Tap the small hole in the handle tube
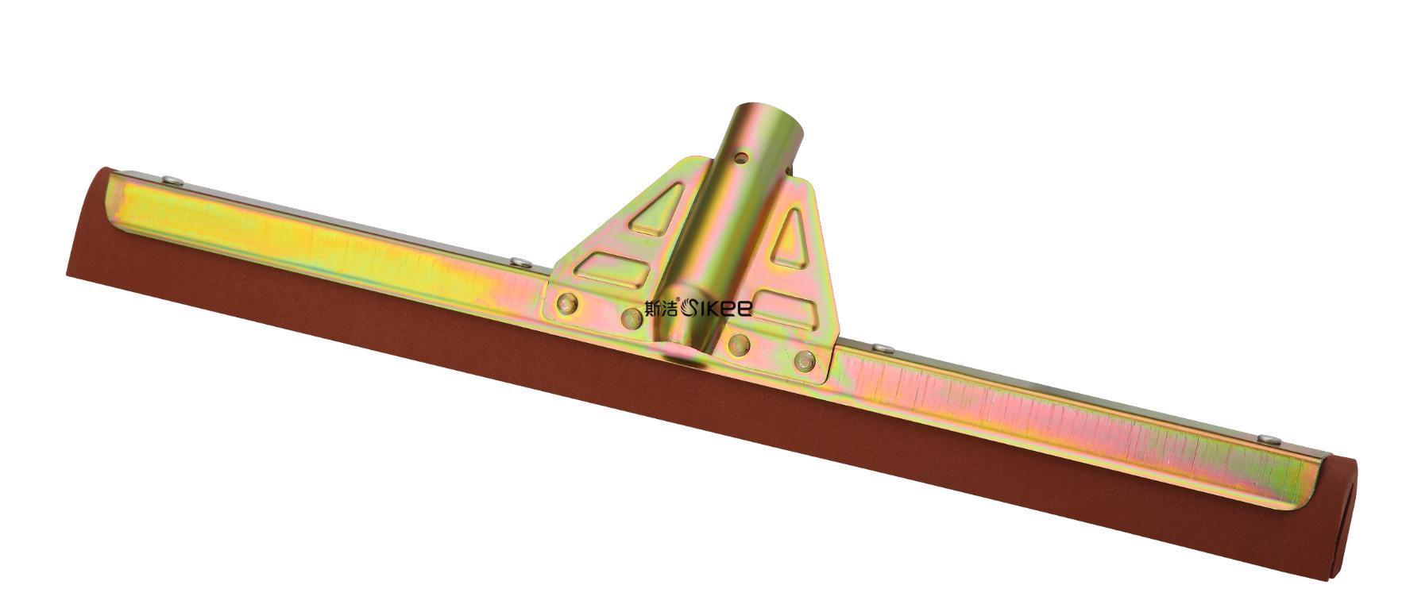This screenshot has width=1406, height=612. coord(741,158)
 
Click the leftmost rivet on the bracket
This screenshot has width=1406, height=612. coord(567,303)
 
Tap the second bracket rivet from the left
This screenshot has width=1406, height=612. coord(632,318)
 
